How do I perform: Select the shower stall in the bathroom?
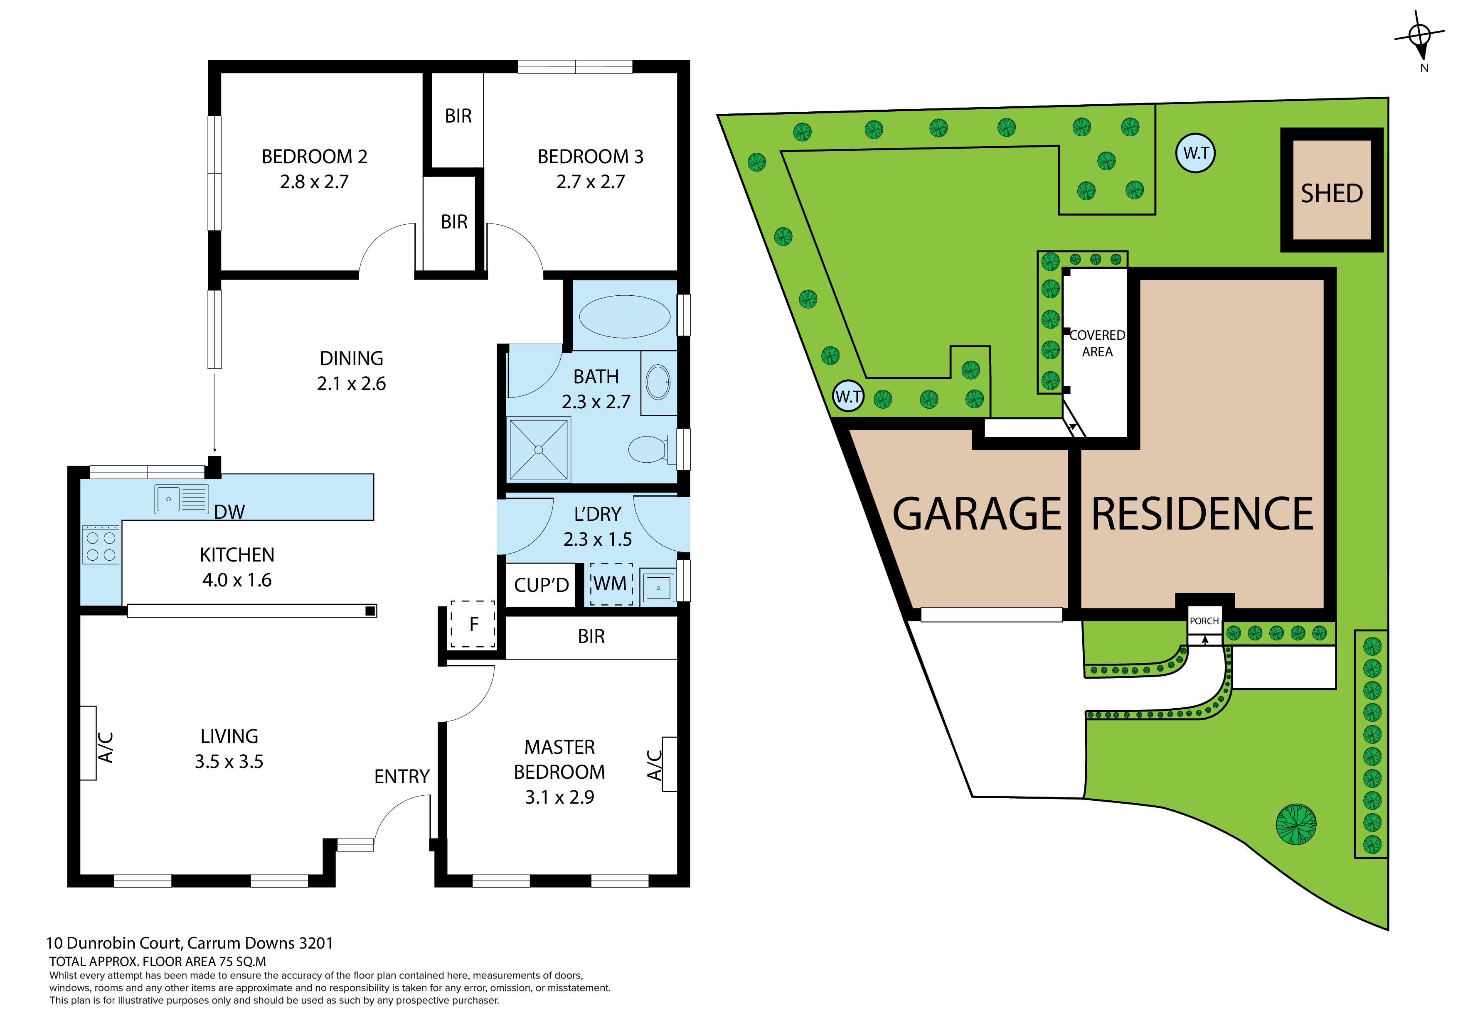pyautogui.click(x=539, y=449)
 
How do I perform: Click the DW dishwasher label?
pyautogui.click(x=229, y=512)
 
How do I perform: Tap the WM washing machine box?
pyautogui.click(x=611, y=583)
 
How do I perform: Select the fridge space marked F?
pyautogui.click(x=473, y=624)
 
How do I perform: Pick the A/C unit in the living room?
pyautogui.click(x=88, y=743)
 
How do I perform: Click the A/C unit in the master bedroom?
pyautogui.click(x=669, y=764)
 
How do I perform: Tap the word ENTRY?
pyautogui.click(x=402, y=776)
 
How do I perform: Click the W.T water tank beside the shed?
pyautogui.click(x=1196, y=153)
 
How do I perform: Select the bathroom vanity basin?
pyautogui.click(x=658, y=382)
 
